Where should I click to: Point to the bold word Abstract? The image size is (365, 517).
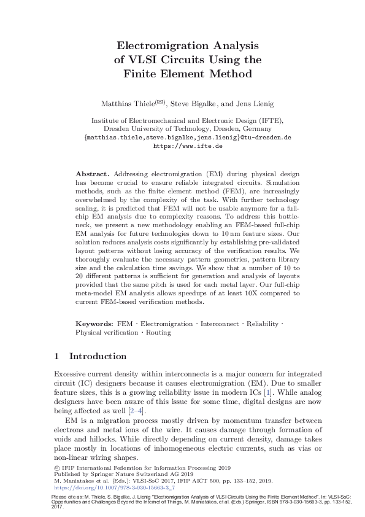(x=93, y=174)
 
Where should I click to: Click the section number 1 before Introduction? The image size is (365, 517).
(x=56, y=356)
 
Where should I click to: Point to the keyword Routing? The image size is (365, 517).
(x=159, y=332)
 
